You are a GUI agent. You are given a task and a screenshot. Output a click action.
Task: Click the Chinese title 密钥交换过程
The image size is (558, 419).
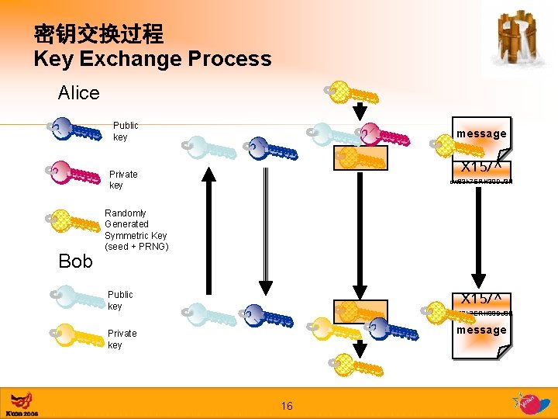point(98,34)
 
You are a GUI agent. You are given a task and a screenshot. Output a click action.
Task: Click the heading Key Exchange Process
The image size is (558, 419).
point(152,59)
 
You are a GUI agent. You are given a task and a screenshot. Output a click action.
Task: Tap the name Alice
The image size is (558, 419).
point(78,93)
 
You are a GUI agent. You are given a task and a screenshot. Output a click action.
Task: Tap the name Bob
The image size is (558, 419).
point(75,261)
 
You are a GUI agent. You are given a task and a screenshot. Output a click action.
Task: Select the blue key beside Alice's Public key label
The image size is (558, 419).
point(74,130)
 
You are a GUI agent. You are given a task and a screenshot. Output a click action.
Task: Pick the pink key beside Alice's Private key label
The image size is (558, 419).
point(74,174)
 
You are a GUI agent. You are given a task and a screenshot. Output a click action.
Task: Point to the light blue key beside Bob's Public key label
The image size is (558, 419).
point(74,300)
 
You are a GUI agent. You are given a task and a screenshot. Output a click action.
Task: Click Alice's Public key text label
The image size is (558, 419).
point(125,131)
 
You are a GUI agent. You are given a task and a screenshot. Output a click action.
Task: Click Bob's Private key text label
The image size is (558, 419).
point(122,339)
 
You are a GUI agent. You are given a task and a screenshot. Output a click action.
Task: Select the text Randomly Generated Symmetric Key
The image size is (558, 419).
point(136,230)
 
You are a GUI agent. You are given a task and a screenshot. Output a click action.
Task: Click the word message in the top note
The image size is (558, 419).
point(480,133)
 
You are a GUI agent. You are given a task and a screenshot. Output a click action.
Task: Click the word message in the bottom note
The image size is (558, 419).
point(480,330)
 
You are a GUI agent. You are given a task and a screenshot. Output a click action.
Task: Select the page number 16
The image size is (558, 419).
point(287,406)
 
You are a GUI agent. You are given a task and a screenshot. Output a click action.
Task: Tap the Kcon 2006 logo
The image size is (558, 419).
point(21,403)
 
